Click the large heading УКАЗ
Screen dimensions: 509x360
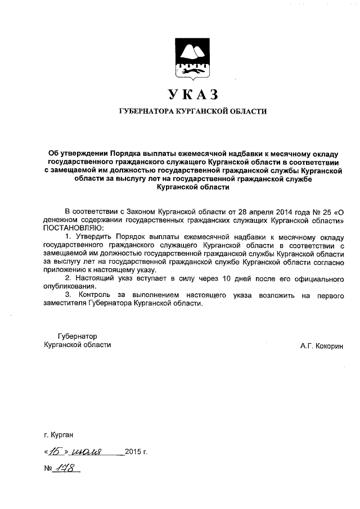click(x=191, y=93)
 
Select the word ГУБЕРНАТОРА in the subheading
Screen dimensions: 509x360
click(x=144, y=111)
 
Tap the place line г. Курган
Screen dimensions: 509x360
click(x=58, y=435)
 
